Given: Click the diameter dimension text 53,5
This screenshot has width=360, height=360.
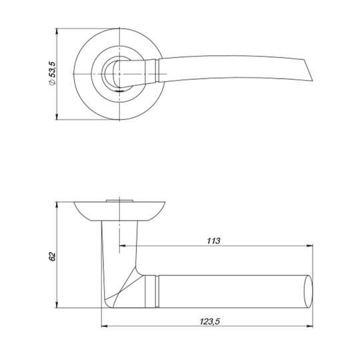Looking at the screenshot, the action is click(x=53, y=69).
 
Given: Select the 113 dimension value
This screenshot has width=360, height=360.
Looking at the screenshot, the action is click(x=213, y=241).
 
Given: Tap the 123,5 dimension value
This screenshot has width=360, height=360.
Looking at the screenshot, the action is click(x=209, y=321).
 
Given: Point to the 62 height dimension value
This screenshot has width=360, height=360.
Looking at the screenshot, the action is click(x=53, y=257).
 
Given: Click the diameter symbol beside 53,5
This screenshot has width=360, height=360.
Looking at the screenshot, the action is click(x=53, y=83).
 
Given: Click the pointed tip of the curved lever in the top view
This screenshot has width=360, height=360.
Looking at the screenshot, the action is click(x=313, y=81).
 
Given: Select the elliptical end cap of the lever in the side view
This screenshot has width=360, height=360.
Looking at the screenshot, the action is click(x=308, y=291).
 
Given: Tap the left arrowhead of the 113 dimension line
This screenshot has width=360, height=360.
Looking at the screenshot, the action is click(x=123, y=246).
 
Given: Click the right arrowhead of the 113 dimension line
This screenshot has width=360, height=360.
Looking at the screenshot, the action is click(x=310, y=246).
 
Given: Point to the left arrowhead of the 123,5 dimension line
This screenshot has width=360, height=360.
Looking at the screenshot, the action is click(x=105, y=326).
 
